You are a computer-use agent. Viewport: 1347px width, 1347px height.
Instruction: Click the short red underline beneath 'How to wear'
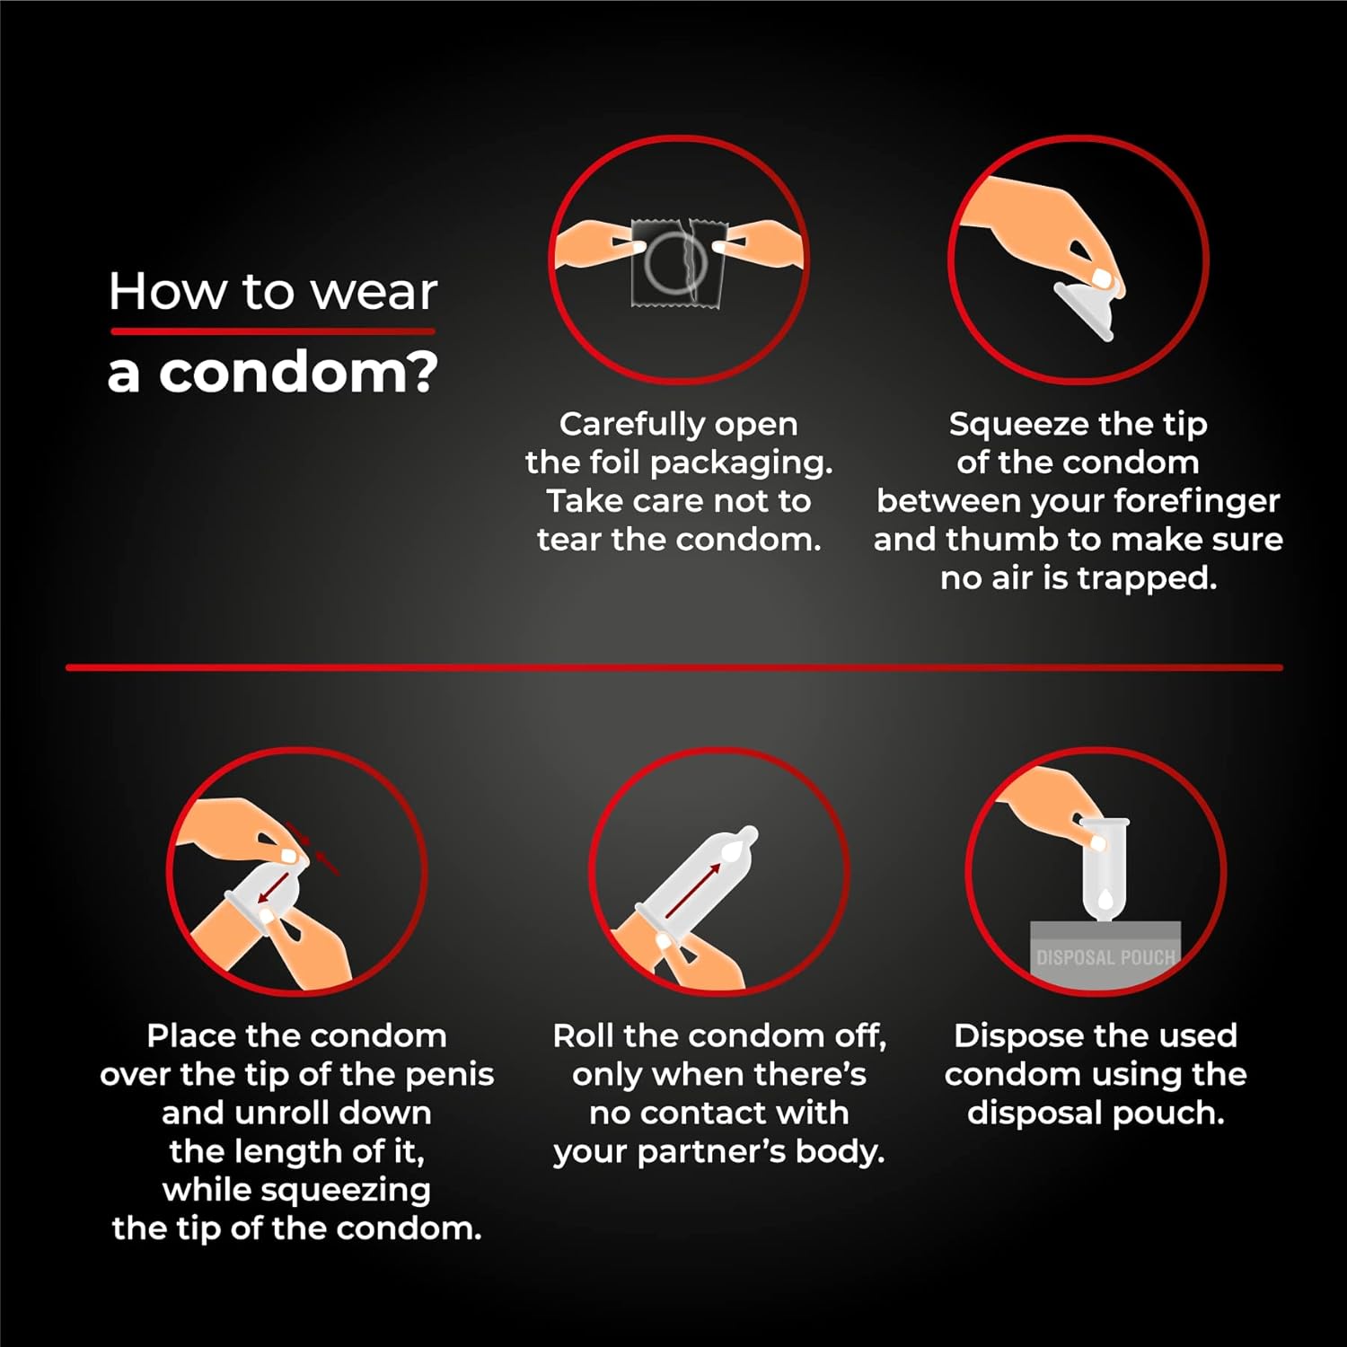coord(273,331)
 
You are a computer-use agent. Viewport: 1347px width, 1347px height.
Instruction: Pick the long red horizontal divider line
coord(674,667)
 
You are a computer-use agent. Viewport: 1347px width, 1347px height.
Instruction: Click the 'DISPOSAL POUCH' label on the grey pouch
coord(1105,957)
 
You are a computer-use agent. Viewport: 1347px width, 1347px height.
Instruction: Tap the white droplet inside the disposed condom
coord(1105,898)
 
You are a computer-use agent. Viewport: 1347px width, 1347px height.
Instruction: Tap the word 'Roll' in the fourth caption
coord(584,1036)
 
